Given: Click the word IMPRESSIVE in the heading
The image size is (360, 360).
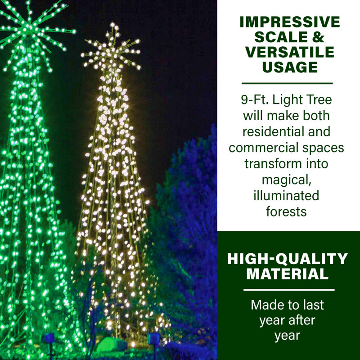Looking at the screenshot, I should [289, 22].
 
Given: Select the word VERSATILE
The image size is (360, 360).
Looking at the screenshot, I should [289, 52].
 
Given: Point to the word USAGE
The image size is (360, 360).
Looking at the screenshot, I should [289, 67].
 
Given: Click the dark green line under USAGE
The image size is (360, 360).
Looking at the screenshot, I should [287, 83].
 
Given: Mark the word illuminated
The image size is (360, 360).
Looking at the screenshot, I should [287, 195].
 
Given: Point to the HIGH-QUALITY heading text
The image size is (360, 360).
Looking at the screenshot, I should [287, 259].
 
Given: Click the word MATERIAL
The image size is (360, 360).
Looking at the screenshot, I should [287, 274].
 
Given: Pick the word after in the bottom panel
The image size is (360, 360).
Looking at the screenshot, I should [303, 321].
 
